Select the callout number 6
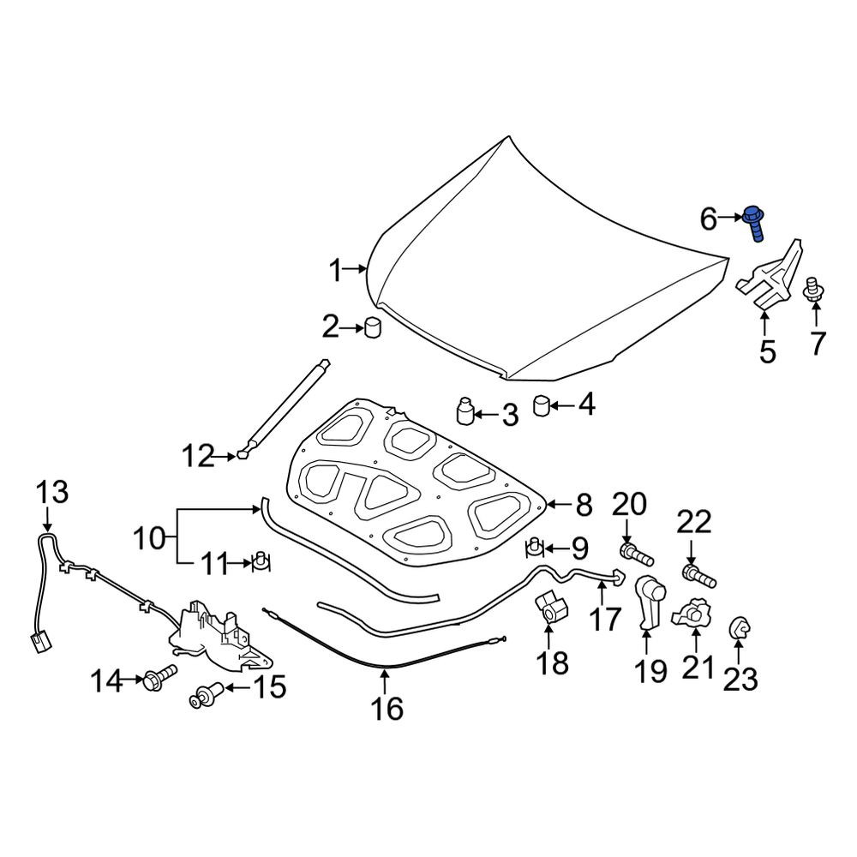pyautogui.click(x=708, y=219)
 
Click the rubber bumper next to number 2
pyautogui.click(x=372, y=327)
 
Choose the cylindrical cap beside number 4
pyautogui.click(x=541, y=405)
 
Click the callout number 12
pyautogui.click(x=198, y=456)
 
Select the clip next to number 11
pyautogui.click(x=261, y=561)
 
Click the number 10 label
pyautogui.click(x=149, y=538)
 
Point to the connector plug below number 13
pyautogui.click(x=39, y=642)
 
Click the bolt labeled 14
pyautogui.click(x=159, y=676)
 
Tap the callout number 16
pyautogui.click(x=387, y=709)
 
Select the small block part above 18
pyautogui.click(x=551, y=608)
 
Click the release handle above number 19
pyautogui.click(x=650, y=602)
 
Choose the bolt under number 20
pyautogui.click(x=637, y=554)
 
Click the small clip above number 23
pyautogui.click(x=739, y=627)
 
